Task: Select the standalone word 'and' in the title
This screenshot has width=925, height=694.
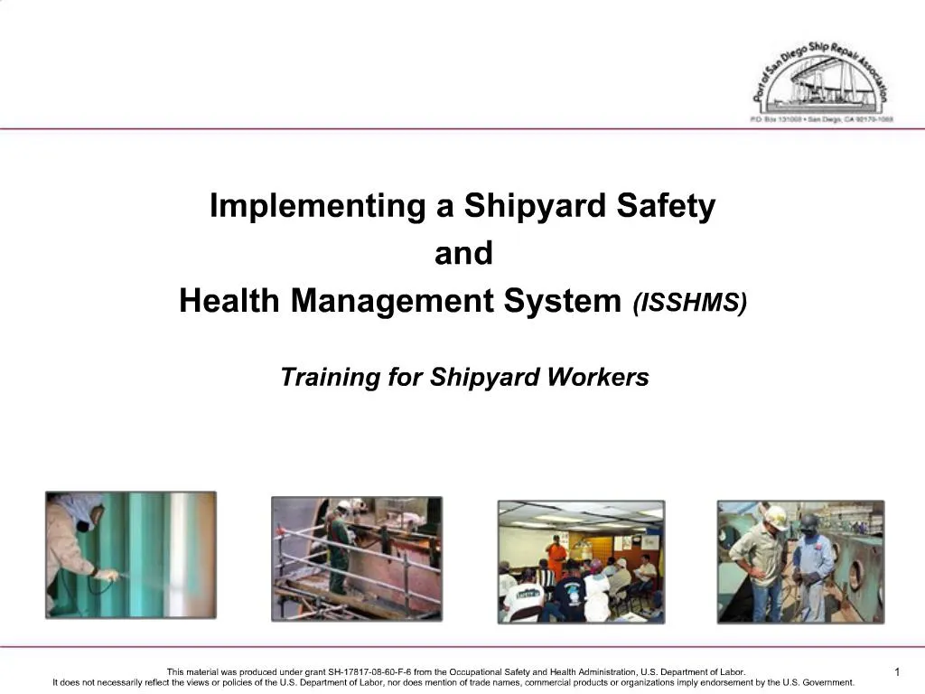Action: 463,254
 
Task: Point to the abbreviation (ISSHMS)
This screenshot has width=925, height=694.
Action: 690,304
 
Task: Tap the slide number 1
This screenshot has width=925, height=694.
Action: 897,671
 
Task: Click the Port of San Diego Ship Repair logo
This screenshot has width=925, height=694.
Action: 821,81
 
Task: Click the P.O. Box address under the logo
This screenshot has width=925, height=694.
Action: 821,119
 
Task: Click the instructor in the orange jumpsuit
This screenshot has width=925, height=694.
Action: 556,556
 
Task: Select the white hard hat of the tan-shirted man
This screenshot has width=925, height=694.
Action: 775,517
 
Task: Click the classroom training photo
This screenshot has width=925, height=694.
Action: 581,561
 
